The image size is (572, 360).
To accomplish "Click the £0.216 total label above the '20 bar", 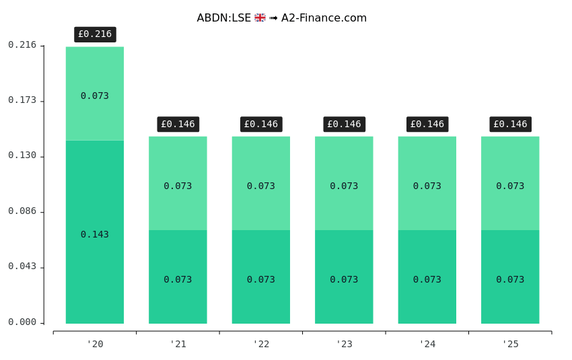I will [95, 34].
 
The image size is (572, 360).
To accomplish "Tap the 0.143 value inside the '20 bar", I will [95, 235].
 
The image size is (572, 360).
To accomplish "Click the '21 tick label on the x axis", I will [178, 344].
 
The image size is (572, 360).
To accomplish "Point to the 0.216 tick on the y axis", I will [22, 45].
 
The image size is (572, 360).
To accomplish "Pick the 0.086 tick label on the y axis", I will [22, 211].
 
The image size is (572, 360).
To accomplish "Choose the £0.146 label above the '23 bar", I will [344, 124].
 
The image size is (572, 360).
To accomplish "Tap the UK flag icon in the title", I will [260, 18].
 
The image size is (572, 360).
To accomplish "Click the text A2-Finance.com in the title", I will [324, 18].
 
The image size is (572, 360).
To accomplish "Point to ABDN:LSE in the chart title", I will [223, 18].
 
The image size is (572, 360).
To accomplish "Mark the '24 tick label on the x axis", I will [427, 344].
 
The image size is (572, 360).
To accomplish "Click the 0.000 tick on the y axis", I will [22, 322].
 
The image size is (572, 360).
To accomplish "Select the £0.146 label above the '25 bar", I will [510, 124].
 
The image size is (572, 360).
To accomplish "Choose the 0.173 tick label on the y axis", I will [22, 100].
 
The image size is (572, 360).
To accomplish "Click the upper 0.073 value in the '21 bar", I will [178, 186].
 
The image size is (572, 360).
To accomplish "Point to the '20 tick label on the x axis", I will [95, 344].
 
